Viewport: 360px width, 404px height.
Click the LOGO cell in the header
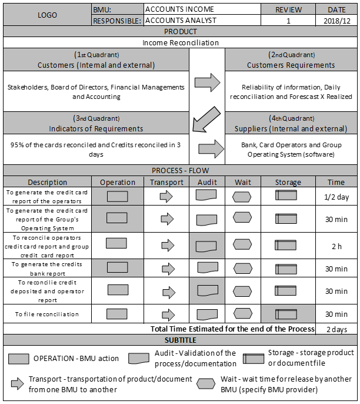click(47, 15)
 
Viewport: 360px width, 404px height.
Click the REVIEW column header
click(289, 10)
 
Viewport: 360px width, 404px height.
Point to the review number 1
click(289, 21)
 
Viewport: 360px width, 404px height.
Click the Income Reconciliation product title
click(180, 42)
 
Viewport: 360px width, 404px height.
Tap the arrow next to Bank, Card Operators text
click(210, 149)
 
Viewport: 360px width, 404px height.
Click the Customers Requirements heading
click(291, 65)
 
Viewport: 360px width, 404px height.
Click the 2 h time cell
click(336, 246)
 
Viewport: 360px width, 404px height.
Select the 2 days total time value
click(336, 329)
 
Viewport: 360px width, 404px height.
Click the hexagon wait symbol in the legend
click(205, 383)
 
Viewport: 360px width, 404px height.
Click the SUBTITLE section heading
click(180, 340)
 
